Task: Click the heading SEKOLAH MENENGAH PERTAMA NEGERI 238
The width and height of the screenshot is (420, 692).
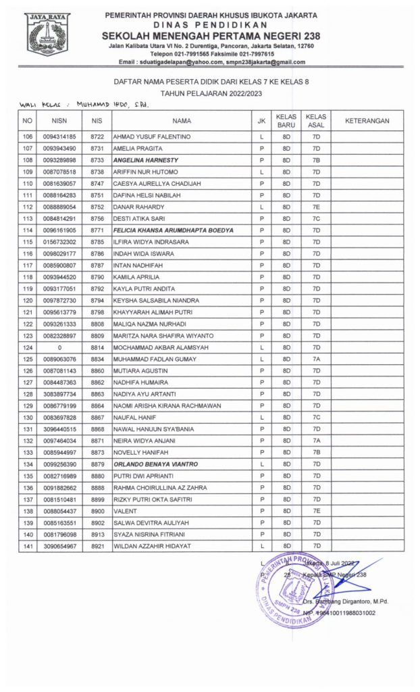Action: click(x=211, y=36)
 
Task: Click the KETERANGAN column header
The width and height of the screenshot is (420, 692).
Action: click(x=367, y=120)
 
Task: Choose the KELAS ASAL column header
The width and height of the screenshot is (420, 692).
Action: click(x=316, y=120)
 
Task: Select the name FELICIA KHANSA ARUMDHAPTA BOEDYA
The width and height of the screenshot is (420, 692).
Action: click(x=174, y=230)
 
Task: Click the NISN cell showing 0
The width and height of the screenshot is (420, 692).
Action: click(x=59, y=347)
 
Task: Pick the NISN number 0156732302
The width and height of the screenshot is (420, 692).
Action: click(x=59, y=242)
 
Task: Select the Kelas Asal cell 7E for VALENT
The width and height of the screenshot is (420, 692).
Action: click(x=316, y=511)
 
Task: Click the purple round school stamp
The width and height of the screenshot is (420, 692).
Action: click(x=294, y=589)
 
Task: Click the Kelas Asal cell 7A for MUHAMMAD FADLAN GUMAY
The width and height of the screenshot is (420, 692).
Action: click(x=316, y=359)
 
